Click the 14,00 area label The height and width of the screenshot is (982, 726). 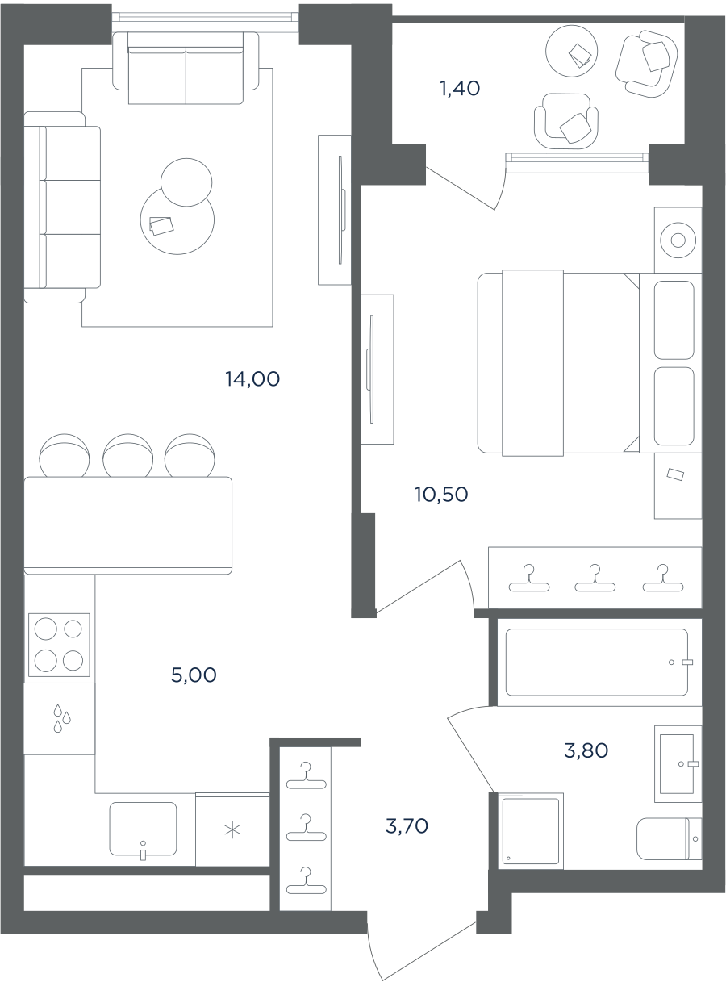252,379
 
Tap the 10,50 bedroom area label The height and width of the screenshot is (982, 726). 441,494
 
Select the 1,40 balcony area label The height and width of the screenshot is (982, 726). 460,89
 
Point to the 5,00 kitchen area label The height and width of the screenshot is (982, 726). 194,675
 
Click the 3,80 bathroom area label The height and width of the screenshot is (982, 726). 586,750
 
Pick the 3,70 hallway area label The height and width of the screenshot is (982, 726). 407,826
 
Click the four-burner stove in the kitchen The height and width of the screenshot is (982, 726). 59,645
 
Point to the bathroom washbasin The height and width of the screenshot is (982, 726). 678,763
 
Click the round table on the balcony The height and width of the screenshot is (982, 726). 571,51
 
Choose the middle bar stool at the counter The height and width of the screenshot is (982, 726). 127,455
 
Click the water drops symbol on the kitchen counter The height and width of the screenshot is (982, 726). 61,719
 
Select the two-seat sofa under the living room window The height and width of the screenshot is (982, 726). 186,68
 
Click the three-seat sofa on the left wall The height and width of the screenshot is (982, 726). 62,207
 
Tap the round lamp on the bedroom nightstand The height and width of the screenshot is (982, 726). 678,240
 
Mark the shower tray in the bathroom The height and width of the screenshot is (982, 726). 530,831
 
